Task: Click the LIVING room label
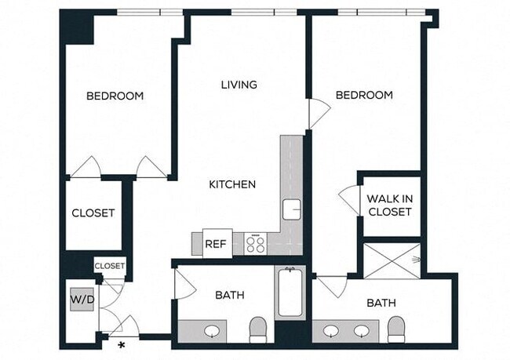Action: click(239, 85)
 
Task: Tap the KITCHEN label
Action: click(232, 185)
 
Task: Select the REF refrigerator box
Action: click(217, 244)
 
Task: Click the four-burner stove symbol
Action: click(256, 244)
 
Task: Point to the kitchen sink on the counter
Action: click(292, 210)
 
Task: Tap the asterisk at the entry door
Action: click(122, 344)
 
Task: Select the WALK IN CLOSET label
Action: click(389, 205)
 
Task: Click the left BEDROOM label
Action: click(115, 96)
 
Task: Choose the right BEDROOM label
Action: click(364, 95)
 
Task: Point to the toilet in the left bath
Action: click(258, 329)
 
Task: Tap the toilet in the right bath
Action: click(396, 329)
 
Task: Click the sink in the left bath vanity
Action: click(213, 331)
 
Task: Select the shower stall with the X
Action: click(392, 260)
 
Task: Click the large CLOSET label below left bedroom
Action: click(93, 213)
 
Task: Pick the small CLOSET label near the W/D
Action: click(110, 266)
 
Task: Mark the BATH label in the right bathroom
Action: click(381, 303)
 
